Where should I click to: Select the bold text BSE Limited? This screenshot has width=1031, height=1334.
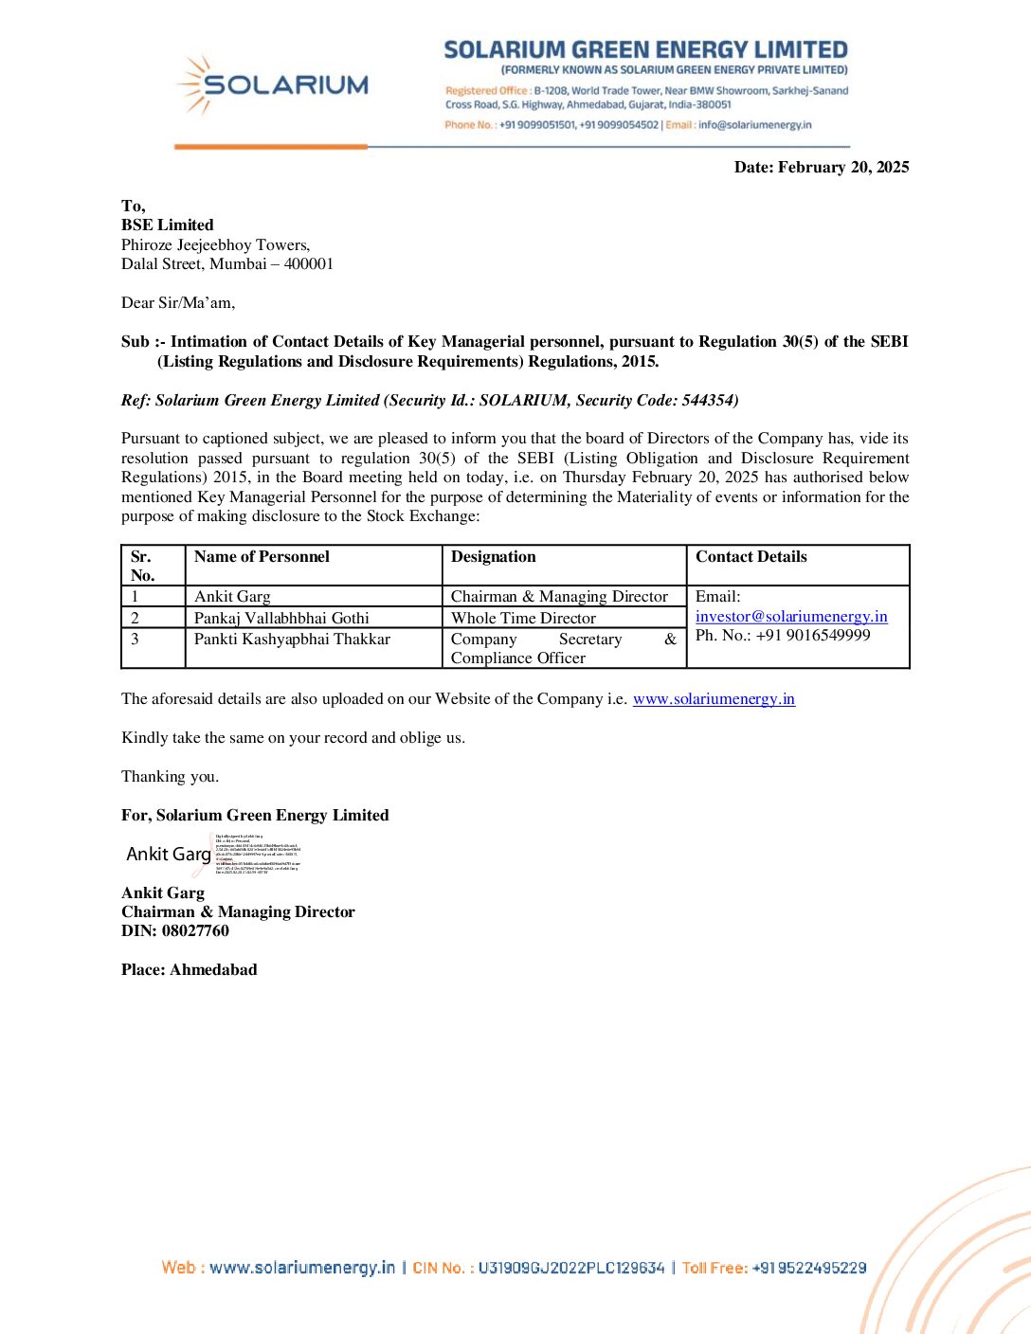(168, 225)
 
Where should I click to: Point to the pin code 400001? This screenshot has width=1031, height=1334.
(309, 264)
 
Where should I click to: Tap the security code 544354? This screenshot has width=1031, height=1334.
(708, 401)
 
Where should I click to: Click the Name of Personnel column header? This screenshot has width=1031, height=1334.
(262, 557)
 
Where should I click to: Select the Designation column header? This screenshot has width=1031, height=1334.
(493, 557)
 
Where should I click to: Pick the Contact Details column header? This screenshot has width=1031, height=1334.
(751, 557)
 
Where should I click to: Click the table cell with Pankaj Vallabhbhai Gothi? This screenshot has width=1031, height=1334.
(281, 619)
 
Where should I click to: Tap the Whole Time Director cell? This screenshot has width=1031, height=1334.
(523, 619)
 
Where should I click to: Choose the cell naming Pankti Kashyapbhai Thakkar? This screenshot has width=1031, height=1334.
(292, 640)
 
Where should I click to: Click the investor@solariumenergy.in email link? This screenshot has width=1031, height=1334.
(791, 617)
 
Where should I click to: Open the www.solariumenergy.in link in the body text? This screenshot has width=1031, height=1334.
(714, 699)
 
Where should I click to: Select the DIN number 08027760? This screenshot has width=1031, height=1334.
(195, 931)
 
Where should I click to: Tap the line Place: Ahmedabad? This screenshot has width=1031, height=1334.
(190, 970)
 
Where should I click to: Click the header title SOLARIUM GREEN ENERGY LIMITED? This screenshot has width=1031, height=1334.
(645, 50)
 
